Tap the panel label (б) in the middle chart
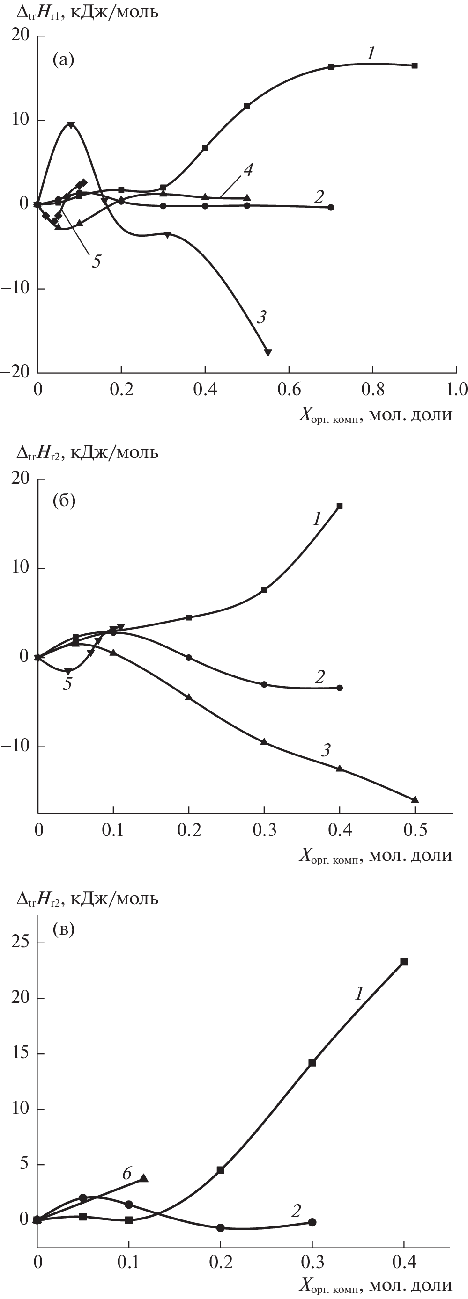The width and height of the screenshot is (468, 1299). pos(64,502)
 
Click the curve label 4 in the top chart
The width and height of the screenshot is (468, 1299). pos(248,170)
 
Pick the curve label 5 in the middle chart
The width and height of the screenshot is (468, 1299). pos(67,684)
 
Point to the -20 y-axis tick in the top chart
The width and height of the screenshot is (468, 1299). pos(15,372)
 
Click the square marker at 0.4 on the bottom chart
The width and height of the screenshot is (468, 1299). pos(404,962)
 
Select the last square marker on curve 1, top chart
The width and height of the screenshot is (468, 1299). pos(415,65)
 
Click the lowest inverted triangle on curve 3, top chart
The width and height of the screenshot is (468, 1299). pos(268,353)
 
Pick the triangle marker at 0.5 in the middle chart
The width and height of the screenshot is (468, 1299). pos(415,800)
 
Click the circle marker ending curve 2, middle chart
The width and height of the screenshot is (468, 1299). pos(339,688)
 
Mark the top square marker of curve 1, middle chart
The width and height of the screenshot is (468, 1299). pos(340,506)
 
